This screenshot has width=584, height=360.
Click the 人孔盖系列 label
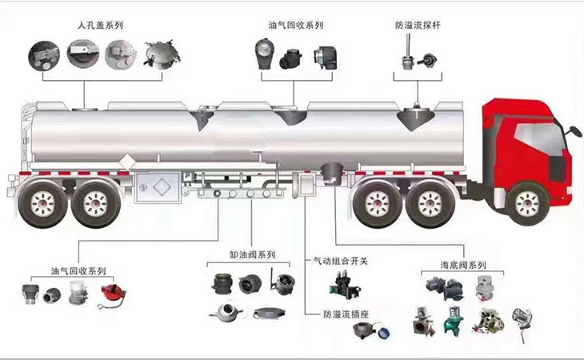click(x=102, y=25)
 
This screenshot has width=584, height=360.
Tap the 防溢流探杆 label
click(x=418, y=25)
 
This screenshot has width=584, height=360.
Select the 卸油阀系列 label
click(x=252, y=255)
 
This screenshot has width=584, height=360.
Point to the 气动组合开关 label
click(x=339, y=261)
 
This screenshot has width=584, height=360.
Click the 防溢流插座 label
click(x=346, y=314)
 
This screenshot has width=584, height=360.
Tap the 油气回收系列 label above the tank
click(x=296, y=25)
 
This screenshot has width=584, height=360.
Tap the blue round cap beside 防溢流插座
click(x=386, y=331)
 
